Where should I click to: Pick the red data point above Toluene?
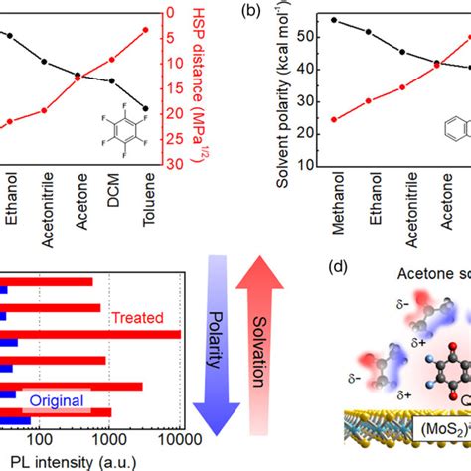click(x=147, y=30)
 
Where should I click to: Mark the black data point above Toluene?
click(x=147, y=108)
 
